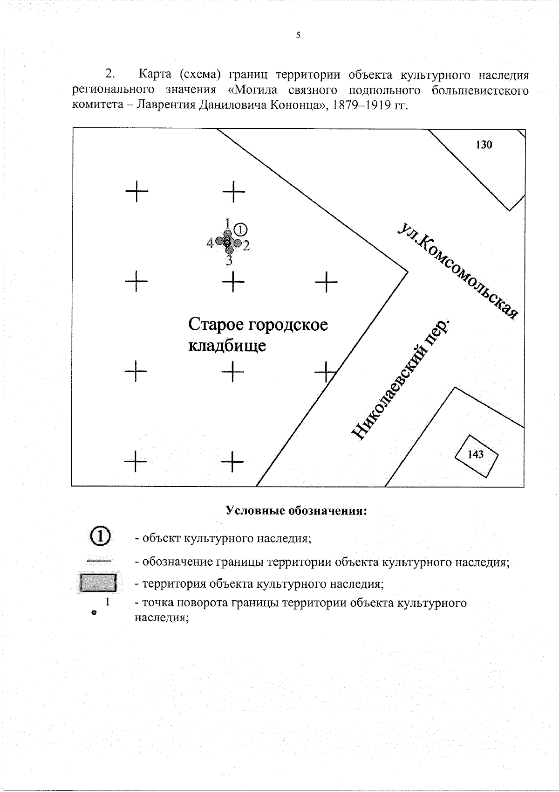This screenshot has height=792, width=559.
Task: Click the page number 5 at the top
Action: click(298, 35)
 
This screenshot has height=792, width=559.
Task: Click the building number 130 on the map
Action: click(484, 145)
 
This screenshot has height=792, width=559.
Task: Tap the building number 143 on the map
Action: click(476, 454)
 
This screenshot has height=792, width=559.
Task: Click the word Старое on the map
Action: click(216, 325)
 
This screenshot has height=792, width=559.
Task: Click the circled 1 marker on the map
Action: click(240, 229)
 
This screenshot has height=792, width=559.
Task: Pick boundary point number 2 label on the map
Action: click(246, 245)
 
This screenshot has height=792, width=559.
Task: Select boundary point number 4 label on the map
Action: click(210, 243)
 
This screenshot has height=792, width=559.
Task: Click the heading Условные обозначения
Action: click(297, 510)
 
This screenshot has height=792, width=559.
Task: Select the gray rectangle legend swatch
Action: click(98, 583)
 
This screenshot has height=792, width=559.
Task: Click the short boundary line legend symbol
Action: click(99, 561)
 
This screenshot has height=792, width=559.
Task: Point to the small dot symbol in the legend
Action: click(94, 613)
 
